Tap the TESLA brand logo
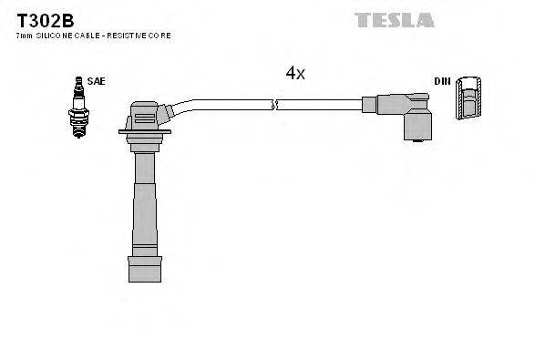click(394, 18)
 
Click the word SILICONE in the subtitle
click(56, 35)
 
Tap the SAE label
click(98, 81)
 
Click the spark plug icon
click(77, 107)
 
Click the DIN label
click(442, 81)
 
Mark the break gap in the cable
click(273, 105)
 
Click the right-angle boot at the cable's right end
click(406, 116)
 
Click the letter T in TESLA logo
click(360, 18)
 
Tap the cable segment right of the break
click(319, 104)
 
